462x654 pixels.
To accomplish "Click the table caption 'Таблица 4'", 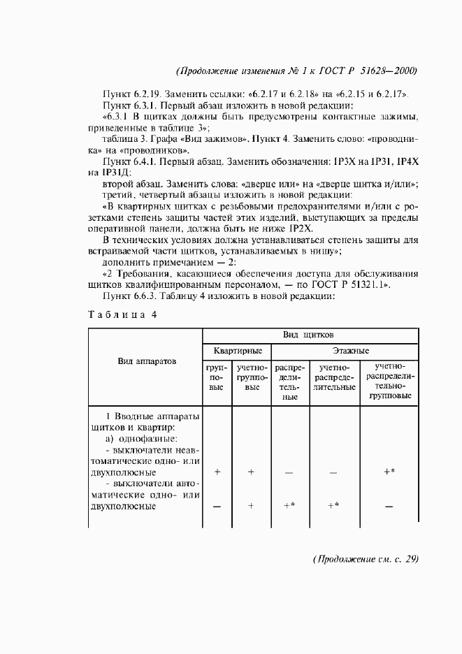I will pos(122,314).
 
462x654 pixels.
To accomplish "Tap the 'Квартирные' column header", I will pos(238,350).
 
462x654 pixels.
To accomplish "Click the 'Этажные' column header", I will pos(345,350).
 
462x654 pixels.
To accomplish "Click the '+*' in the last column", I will pos(389,472).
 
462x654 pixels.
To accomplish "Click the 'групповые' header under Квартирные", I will pos(217,376).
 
